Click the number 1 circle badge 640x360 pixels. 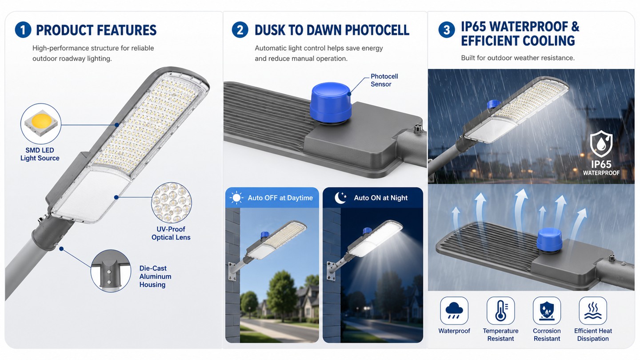tap(23, 30)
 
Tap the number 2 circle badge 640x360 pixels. tap(240, 30)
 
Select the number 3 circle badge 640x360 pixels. tap(447, 30)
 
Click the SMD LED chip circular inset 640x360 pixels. tap(41, 124)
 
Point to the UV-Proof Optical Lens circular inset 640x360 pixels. tap(172, 203)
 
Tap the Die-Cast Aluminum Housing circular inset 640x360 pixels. tap(111, 271)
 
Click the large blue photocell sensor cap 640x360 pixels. tap(331, 103)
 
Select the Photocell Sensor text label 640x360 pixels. tap(384, 80)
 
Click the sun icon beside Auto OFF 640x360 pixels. tap(236, 198)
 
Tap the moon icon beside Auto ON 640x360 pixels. tap(340, 198)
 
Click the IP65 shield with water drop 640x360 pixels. tap(601, 144)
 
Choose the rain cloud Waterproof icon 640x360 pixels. tap(454, 311)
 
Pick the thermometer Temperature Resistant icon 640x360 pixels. tap(500, 311)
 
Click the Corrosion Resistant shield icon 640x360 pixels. tap(547, 311)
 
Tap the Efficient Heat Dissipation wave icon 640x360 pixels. tap(593, 311)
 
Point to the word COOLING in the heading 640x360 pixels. tap(544, 40)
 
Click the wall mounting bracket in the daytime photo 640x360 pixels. tap(232, 272)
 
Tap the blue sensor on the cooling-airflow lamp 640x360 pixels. tap(549, 240)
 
